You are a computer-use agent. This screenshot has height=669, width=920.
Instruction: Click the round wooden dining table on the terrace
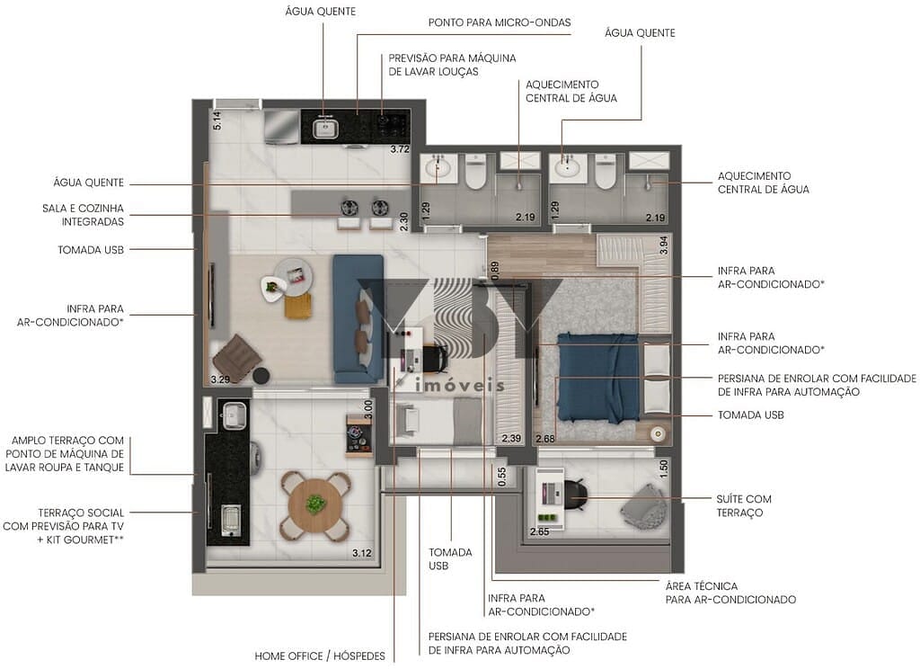315,504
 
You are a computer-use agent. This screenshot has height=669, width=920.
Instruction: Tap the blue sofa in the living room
358,316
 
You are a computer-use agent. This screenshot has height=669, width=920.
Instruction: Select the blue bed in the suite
598,378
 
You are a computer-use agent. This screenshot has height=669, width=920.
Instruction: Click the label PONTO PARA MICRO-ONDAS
500,22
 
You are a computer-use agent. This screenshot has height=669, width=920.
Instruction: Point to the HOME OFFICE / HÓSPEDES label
320,656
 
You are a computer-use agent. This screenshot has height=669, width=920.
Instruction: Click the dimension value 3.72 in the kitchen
400,149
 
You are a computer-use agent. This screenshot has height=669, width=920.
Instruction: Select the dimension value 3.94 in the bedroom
664,245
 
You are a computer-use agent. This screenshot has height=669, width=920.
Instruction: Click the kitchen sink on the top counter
323,130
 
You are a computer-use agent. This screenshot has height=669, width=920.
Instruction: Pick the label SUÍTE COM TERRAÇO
744,505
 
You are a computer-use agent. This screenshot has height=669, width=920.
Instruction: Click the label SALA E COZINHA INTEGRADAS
83,215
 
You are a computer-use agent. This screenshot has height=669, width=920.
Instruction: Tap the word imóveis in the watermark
461,384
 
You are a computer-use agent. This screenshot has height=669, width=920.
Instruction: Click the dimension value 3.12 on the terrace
362,553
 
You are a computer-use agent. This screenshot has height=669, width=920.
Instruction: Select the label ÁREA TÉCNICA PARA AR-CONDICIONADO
730,593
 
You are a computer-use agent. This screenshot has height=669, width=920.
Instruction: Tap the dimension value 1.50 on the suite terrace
664,468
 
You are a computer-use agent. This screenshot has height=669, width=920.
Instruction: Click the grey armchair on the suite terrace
644,506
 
